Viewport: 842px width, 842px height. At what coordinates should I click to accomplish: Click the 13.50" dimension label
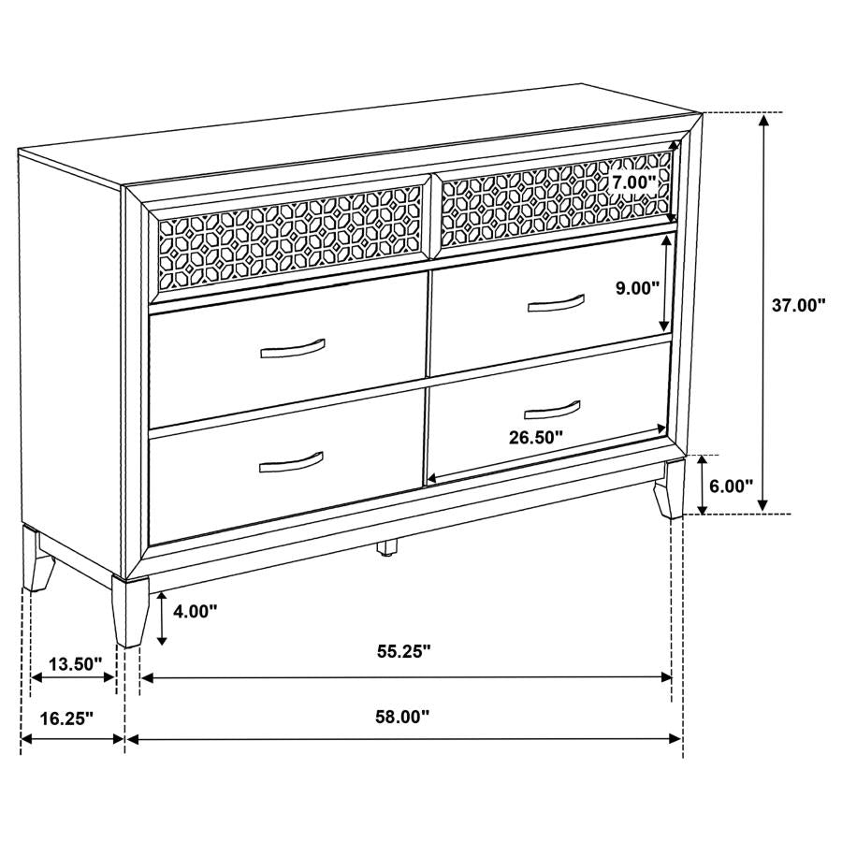point(75,664)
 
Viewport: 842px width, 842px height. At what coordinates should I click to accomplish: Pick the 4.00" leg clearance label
point(195,611)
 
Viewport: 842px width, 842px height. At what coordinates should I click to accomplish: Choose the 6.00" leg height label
point(732,486)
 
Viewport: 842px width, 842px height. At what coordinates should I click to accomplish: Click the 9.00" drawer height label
point(638,288)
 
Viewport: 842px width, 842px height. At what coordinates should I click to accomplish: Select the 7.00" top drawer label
point(636,182)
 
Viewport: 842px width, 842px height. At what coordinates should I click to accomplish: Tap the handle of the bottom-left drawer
point(291,461)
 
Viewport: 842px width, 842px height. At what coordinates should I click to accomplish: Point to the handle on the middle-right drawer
point(555,302)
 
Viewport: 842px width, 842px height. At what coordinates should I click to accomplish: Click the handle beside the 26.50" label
point(526,408)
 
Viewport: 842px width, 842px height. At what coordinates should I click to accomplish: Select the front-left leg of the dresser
point(129,610)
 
